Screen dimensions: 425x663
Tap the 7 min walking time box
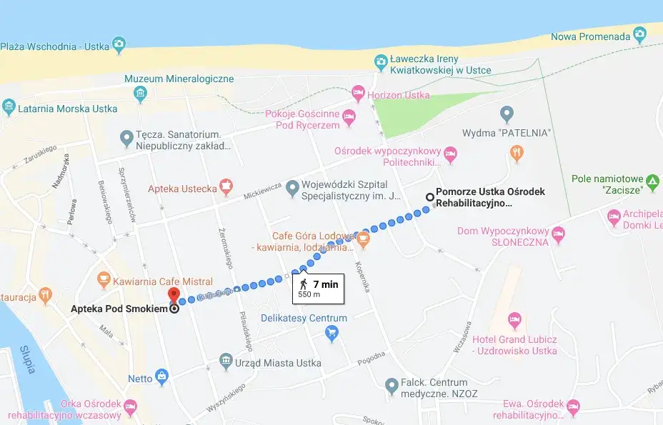(318, 288)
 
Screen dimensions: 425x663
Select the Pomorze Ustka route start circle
(429, 197)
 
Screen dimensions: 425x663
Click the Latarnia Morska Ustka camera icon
(9, 109)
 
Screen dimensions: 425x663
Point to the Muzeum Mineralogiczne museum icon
(140, 93)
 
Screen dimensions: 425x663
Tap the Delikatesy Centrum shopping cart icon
(331, 332)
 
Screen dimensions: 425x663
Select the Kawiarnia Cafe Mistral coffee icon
(104, 276)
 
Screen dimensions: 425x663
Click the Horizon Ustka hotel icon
(358, 93)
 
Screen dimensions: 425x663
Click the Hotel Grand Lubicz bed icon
(514, 319)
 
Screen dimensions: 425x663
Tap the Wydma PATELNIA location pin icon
(507, 113)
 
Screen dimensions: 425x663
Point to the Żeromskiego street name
(227, 247)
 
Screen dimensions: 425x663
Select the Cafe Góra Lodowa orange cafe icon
(364, 237)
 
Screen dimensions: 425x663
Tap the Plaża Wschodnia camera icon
(119, 46)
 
